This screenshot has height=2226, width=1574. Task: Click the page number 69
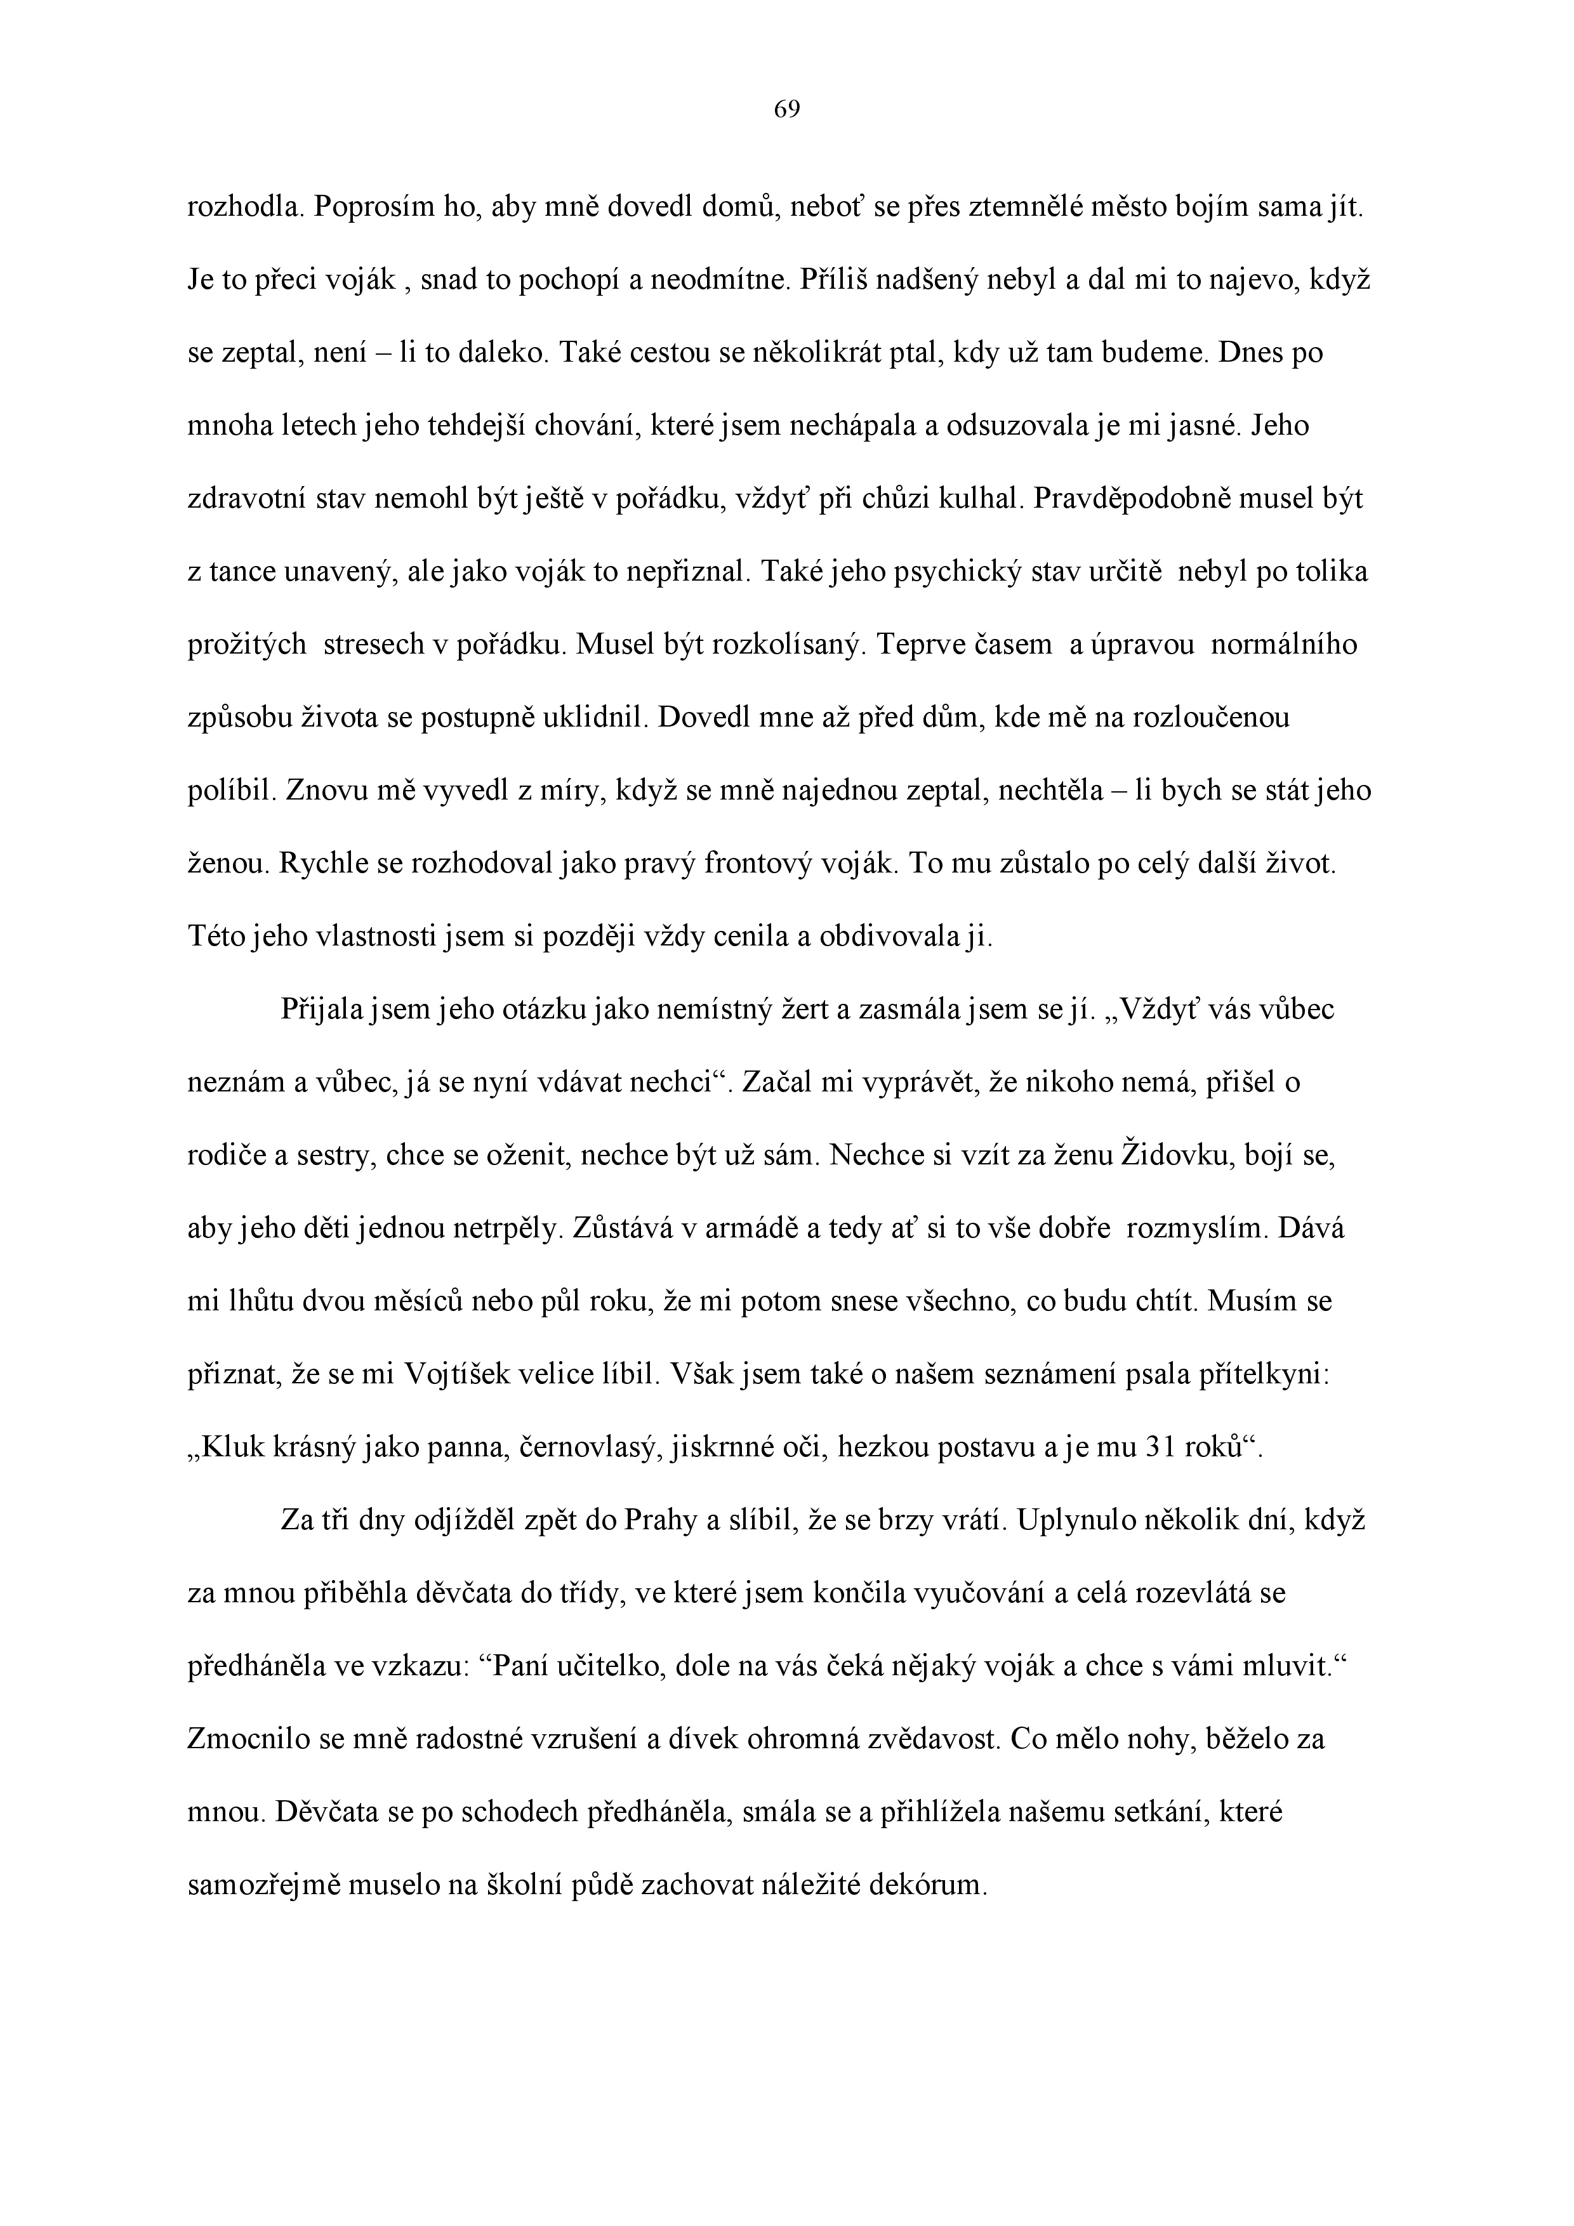click(786, 110)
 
